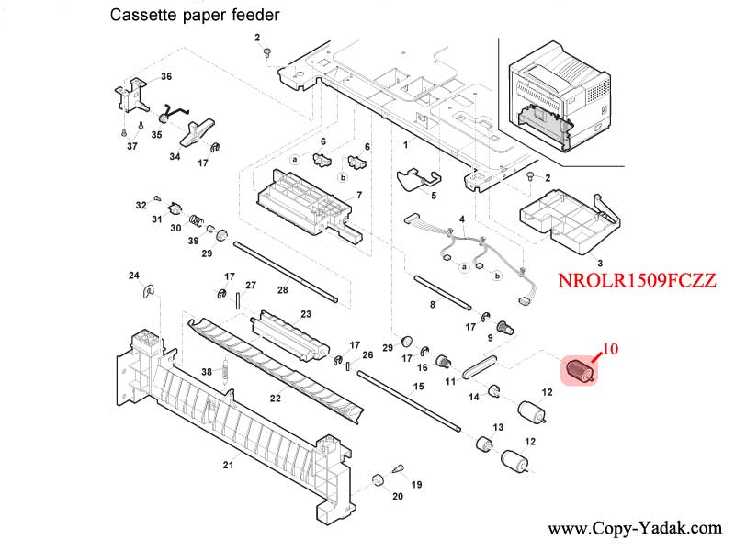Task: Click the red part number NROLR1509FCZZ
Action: point(637,282)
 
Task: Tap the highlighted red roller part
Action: point(579,371)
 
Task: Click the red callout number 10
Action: point(612,349)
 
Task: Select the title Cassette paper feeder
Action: point(195,16)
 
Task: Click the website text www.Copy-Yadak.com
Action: point(635,529)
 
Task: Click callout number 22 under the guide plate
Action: point(275,398)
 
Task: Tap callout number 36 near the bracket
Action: point(166,75)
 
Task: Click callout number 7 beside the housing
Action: point(358,195)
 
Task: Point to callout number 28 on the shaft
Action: point(283,290)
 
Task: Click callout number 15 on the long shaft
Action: point(419,386)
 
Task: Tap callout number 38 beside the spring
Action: point(207,372)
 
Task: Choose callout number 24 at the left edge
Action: point(133,275)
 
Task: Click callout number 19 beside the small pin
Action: point(416,484)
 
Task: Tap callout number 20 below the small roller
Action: point(398,497)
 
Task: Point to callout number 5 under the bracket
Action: point(433,195)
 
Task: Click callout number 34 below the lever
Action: point(175,157)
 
